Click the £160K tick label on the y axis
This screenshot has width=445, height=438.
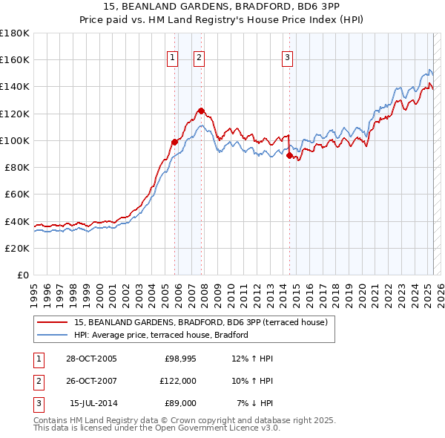[15, 59]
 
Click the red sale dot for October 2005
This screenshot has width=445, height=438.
[175, 142]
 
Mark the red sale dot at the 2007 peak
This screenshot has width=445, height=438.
[202, 111]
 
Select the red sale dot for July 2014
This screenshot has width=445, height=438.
[289, 155]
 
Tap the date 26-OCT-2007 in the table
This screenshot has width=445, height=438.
[91, 381]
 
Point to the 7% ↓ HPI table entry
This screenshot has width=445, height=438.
[255, 403]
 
